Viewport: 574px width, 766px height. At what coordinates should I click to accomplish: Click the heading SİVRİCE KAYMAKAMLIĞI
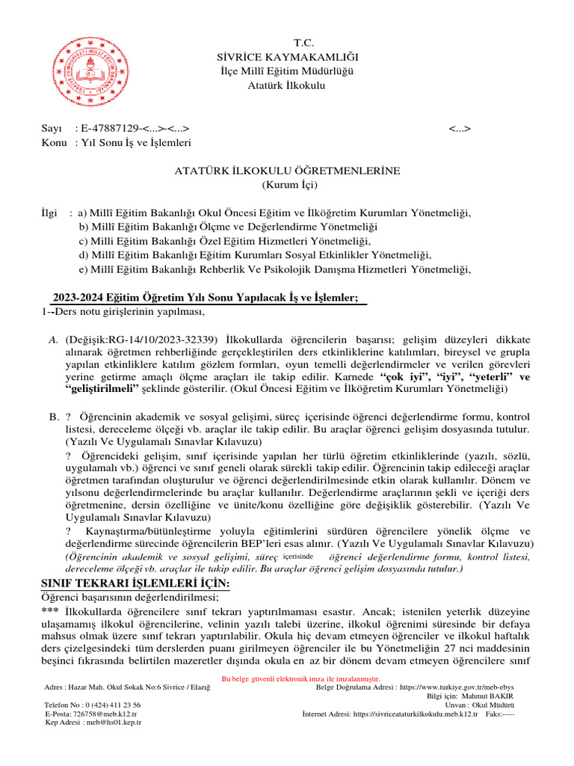(x=287, y=57)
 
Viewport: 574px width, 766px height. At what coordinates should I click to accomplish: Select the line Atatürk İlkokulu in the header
(x=287, y=85)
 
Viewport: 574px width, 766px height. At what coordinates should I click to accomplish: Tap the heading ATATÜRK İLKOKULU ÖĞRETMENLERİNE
(x=287, y=171)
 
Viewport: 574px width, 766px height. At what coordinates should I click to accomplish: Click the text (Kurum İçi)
(x=287, y=184)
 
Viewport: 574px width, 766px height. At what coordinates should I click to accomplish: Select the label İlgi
(x=49, y=213)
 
